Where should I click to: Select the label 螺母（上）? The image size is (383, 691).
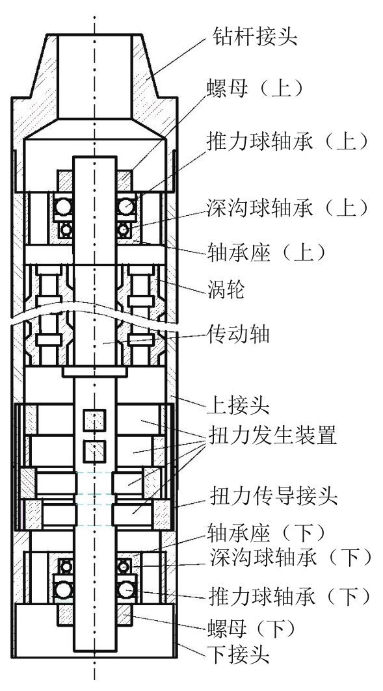[x=256, y=88]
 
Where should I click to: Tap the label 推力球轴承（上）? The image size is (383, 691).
[x=287, y=142]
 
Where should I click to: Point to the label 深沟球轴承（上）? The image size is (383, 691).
[x=287, y=207]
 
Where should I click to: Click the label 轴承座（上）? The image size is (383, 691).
[x=266, y=252]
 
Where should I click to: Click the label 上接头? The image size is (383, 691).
[x=237, y=404]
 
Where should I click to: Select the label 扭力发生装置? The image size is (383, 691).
[x=272, y=436]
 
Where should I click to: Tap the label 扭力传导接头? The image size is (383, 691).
[x=272, y=496]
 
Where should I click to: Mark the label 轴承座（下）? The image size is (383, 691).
[x=266, y=534]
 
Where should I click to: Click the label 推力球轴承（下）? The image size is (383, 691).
[x=289, y=597]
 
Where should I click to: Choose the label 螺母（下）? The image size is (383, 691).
[x=251, y=629]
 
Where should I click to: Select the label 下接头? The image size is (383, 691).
[x=237, y=655]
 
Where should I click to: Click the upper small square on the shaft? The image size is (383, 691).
[x=95, y=420]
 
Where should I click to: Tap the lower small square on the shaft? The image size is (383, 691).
[x=95, y=450]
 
